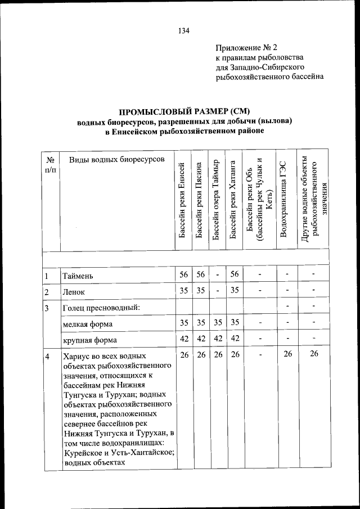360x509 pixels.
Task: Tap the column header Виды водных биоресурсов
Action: (118, 160)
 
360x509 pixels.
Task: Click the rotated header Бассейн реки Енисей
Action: (182, 199)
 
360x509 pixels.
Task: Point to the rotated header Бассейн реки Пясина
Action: (199, 199)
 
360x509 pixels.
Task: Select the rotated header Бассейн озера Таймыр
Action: (216, 199)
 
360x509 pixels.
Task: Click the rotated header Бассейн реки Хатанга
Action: (232, 199)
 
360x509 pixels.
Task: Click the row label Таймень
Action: (82, 276)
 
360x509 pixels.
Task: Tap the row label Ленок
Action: (77, 292)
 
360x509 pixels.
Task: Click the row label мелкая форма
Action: (88, 324)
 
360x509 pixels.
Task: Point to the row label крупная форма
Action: (90, 340)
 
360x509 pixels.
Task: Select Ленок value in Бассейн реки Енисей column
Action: (183, 291)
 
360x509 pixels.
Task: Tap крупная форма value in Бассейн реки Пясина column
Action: (201, 339)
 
